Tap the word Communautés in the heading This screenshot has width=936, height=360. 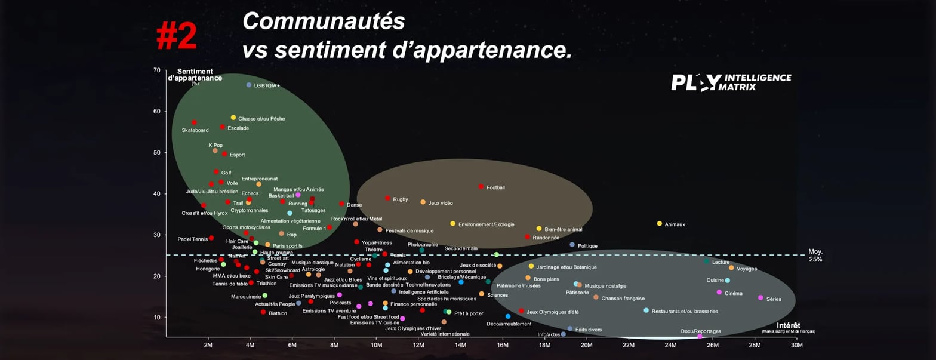[324, 21]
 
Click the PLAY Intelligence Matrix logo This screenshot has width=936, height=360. [731, 82]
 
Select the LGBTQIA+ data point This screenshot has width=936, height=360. [249, 85]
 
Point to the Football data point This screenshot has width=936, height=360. [481, 187]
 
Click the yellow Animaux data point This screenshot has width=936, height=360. [660, 224]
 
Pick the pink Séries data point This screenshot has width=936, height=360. [761, 298]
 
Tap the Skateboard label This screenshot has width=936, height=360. [195, 130]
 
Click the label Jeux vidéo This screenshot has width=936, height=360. [441, 203]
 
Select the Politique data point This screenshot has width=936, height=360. [572, 245]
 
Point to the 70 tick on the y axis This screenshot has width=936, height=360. [156, 70]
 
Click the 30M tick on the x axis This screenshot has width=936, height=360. [796, 345]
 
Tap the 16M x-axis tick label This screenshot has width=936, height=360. [503, 345]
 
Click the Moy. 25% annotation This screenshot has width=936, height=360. [815, 256]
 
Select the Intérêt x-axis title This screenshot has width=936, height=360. [789, 325]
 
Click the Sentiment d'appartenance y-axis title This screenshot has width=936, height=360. [195, 75]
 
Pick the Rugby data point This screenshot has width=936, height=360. [387, 198]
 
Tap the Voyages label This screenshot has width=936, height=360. [747, 269]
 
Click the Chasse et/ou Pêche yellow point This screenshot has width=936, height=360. [233, 118]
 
